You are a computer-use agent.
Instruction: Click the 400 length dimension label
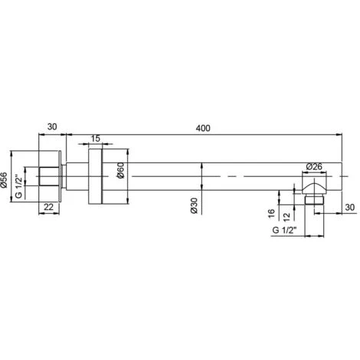[x=203, y=128]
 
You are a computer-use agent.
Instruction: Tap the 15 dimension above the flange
[x=95, y=139]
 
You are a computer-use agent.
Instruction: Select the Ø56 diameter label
[x=5, y=181]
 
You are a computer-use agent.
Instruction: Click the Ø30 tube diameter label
[x=195, y=205]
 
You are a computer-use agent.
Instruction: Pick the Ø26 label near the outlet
[x=314, y=167]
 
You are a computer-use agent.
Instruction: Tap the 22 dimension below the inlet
[x=48, y=207]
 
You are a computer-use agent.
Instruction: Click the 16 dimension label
[x=271, y=214]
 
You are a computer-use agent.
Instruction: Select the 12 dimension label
[x=287, y=217]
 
